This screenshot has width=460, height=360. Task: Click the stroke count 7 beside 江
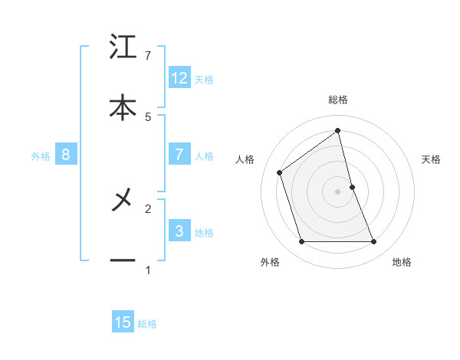tap(148, 56)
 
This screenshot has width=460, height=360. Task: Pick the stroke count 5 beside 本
tap(148, 116)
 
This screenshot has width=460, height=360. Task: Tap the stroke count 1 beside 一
tap(148, 270)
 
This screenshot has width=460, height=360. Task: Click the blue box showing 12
tap(179, 78)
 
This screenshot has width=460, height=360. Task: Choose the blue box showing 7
tap(179, 155)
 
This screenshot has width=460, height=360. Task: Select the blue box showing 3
tap(179, 231)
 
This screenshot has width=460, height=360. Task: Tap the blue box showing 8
tap(66, 155)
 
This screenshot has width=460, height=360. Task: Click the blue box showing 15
tap(123, 322)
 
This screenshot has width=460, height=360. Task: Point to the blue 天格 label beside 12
tap(204, 80)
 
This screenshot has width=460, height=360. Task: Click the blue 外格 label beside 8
tap(41, 156)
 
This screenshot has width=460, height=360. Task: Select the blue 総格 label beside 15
tap(147, 324)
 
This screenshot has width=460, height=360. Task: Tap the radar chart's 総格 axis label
tap(338, 100)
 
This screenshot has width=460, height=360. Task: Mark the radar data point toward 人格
tap(280, 172)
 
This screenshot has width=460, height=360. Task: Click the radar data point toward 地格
tap(374, 242)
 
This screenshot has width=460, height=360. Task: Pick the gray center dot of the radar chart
tap(338, 191)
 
